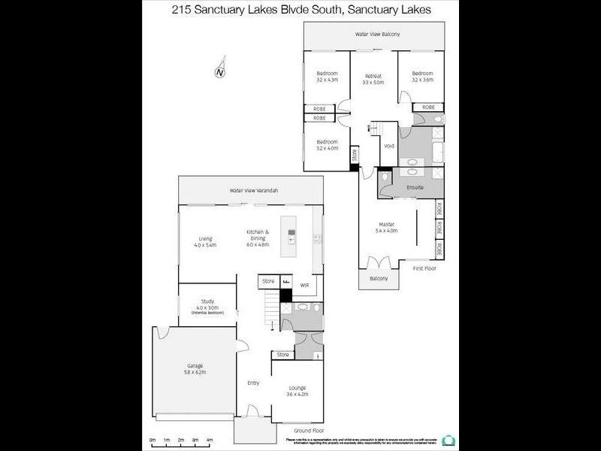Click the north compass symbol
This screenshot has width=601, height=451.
(220, 72)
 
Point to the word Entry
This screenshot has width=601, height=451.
(253, 383)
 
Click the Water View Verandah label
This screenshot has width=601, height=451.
(254, 191)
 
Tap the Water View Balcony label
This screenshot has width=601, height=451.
(378, 35)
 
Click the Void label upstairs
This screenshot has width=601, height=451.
(389, 146)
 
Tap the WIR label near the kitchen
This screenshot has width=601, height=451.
(305, 286)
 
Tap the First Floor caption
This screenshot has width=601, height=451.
(424, 268)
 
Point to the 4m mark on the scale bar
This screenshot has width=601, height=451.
(210, 439)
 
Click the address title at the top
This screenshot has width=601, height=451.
(300, 10)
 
